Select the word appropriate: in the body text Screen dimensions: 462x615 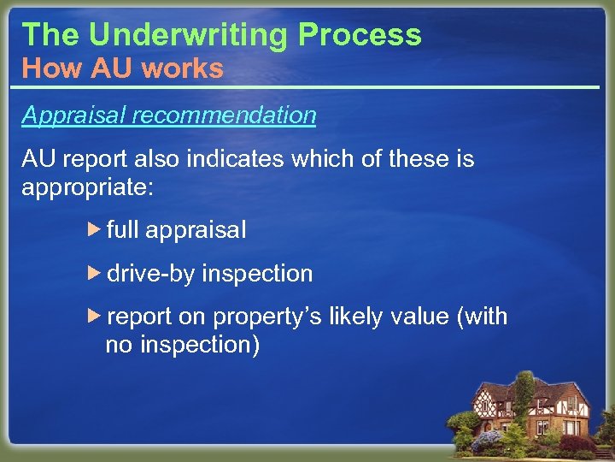point(87,187)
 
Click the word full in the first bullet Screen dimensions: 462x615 point(123,230)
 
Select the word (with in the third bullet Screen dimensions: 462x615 point(483,317)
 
